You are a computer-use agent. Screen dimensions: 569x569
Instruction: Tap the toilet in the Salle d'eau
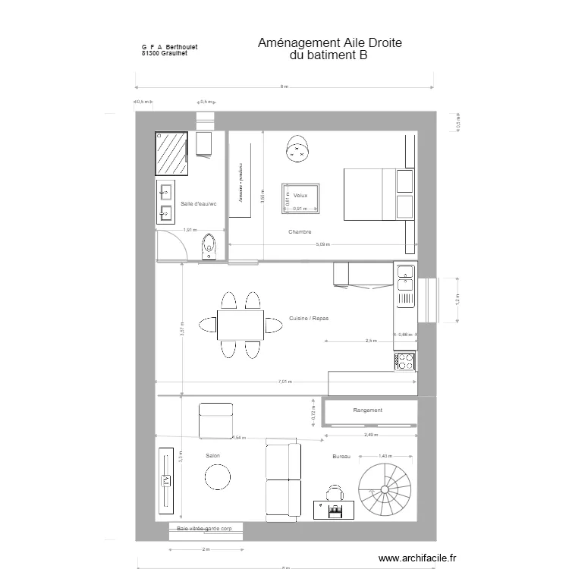tap(209, 247)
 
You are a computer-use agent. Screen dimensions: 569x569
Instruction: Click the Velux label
tap(300, 195)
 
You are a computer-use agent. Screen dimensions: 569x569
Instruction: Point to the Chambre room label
tap(300, 231)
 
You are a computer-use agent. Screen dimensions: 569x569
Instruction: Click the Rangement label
tap(368, 410)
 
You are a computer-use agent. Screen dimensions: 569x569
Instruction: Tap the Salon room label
tap(212, 456)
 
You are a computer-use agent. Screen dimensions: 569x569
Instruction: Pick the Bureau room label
tap(341, 457)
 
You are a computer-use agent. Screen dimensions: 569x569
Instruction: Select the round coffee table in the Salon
tap(218, 477)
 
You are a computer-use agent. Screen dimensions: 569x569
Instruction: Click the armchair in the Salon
tap(215, 421)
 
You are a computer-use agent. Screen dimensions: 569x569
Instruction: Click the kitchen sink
tap(405, 279)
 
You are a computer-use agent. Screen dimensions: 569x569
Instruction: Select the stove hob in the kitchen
tap(405, 362)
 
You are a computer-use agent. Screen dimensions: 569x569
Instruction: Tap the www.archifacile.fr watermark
tap(418, 558)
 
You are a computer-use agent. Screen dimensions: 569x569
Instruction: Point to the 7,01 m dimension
tap(284, 382)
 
